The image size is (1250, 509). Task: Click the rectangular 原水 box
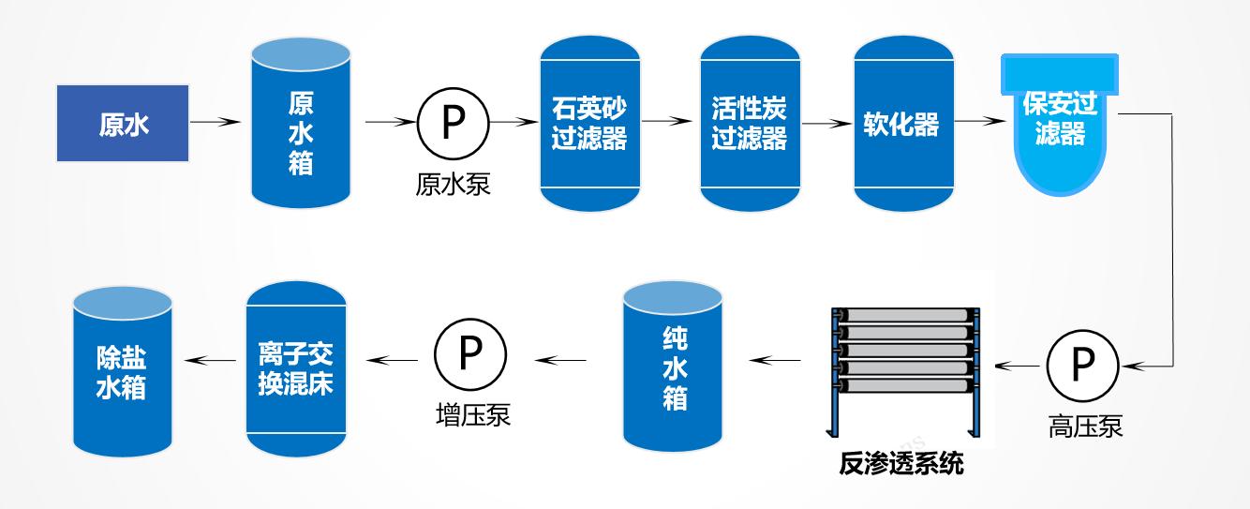(x=123, y=123)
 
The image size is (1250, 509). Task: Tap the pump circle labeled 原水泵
(x=453, y=123)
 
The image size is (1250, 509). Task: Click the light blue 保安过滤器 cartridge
(x=1059, y=122)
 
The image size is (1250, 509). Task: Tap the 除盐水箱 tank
(x=122, y=370)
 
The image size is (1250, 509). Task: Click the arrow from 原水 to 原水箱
(x=216, y=122)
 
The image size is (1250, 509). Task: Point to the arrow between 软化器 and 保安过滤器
(x=978, y=122)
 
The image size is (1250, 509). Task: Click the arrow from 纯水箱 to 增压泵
(x=559, y=359)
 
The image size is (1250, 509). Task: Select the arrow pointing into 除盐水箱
(x=208, y=359)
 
